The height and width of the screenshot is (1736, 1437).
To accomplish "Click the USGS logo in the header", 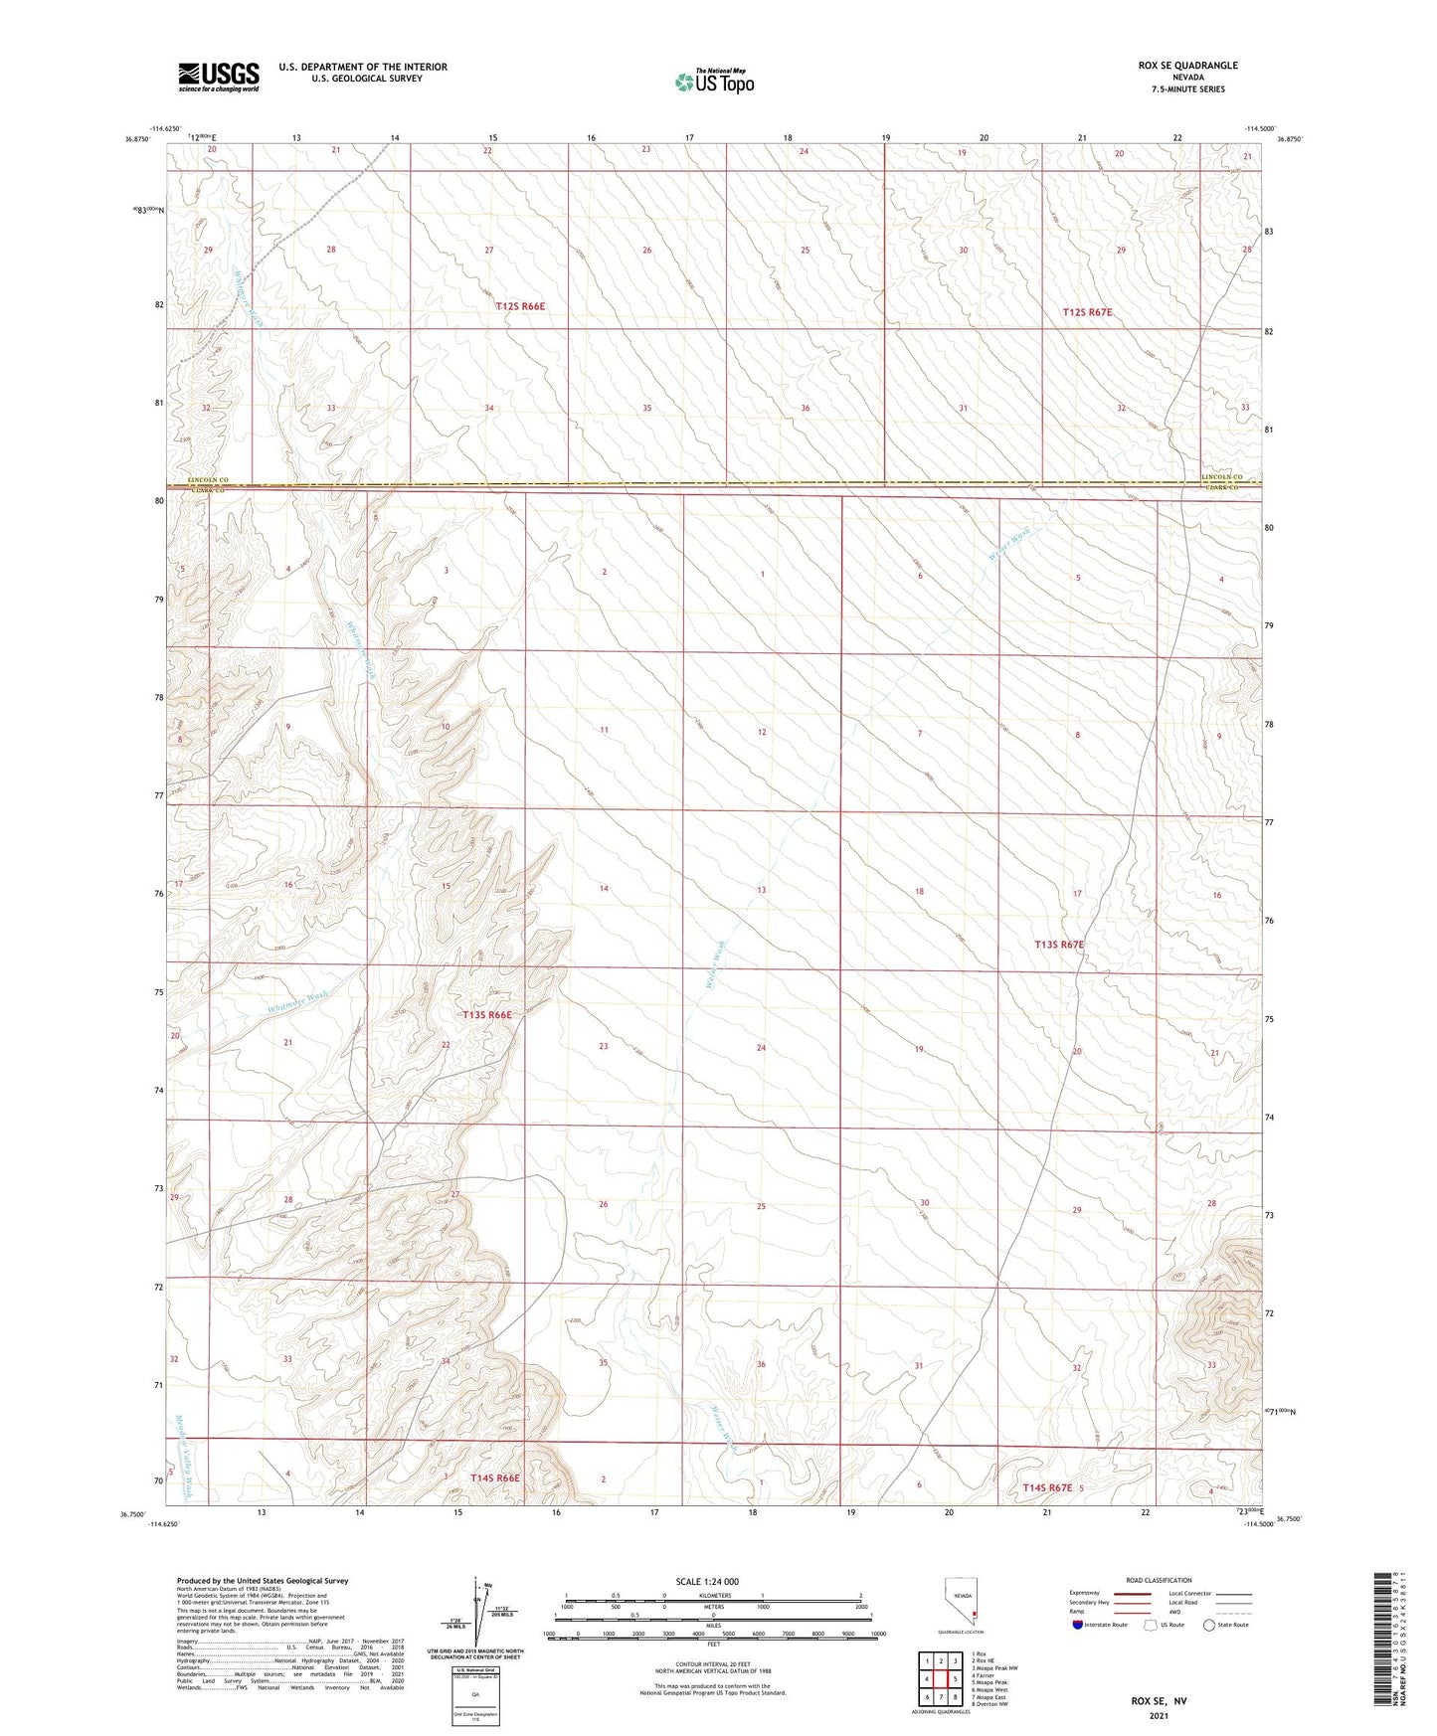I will point(218,77).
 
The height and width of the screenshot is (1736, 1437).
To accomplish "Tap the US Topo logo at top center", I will point(714,82).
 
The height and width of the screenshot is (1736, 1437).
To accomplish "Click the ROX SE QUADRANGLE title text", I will point(1187,66).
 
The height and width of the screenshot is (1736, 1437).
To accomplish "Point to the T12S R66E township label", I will point(520,307).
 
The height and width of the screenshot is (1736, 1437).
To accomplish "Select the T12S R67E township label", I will point(1087,312).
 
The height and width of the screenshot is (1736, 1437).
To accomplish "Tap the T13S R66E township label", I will point(487,1015).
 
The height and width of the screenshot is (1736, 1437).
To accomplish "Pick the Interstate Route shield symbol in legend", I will point(1079,1626).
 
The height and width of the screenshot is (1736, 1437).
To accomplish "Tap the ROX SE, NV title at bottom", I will point(1159,1701).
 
